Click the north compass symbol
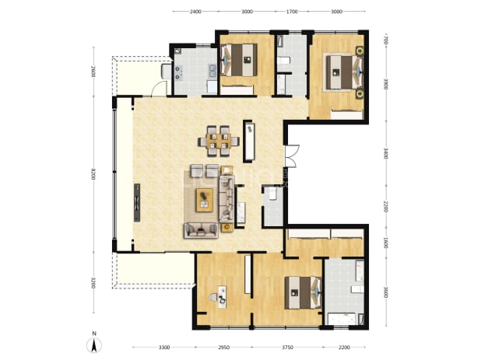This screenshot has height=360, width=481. click(x=94, y=344)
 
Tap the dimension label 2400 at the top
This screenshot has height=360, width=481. click(x=195, y=12)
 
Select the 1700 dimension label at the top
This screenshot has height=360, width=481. click(x=292, y=12)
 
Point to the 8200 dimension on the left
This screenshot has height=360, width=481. click(x=93, y=173)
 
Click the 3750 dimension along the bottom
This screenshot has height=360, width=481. click(x=287, y=347)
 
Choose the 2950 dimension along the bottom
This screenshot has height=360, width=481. click(x=223, y=347)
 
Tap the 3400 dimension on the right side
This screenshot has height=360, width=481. click(x=386, y=153)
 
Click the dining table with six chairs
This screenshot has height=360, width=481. click(x=219, y=142)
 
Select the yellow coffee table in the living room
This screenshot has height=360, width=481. click(x=205, y=200)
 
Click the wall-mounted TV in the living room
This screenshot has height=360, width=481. click(x=137, y=202)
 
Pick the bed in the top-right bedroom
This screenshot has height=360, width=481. click(x=344, y=72)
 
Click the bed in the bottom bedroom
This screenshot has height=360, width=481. click(x=303, y=292)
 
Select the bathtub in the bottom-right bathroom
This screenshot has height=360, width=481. click(x=342, y=319)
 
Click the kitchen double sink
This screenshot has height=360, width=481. click(x=212, y=71)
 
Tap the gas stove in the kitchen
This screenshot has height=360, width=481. click(x=178, y=72)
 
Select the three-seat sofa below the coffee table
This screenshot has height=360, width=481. click(x=201, y=230)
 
